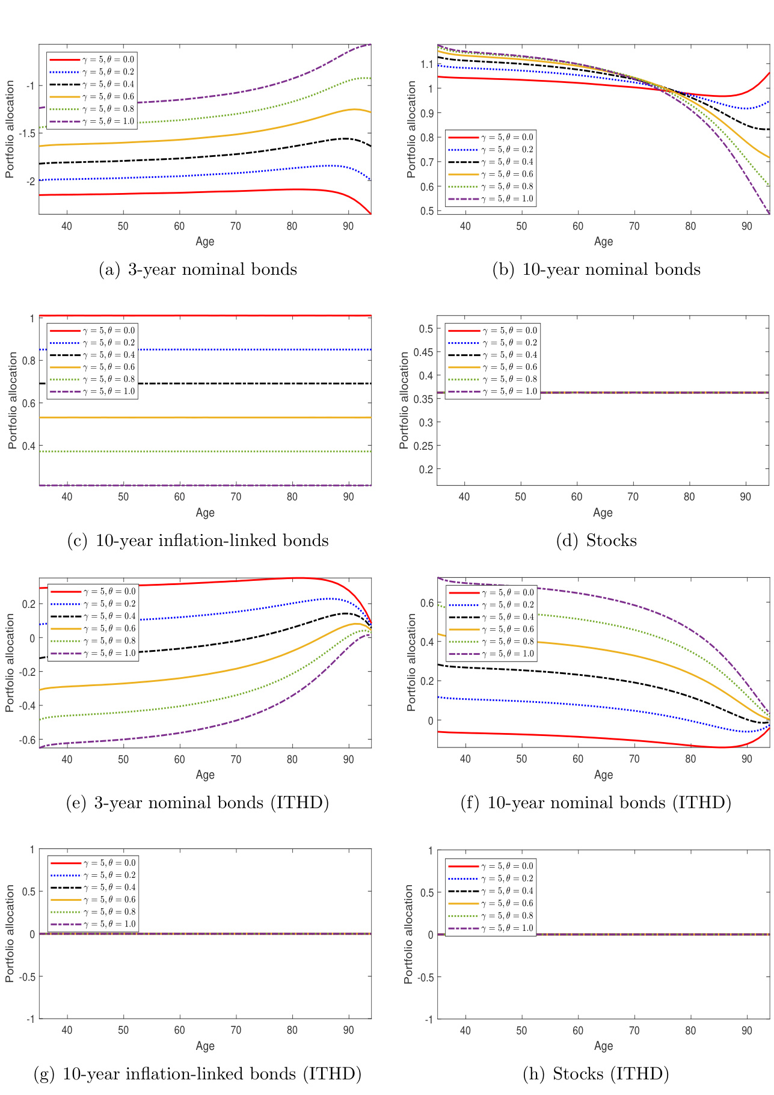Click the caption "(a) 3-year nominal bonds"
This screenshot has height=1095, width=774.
[x=197, y=269]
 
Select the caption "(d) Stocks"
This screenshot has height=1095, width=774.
[x=596, y=541]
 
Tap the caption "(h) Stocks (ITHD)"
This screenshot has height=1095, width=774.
[x=595, y=1074]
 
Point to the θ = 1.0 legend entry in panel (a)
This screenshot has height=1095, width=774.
[x=91, y=121]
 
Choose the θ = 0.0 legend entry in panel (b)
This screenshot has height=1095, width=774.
[x=490, y=137]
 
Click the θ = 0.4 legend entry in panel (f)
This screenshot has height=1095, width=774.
[x=491, y=617]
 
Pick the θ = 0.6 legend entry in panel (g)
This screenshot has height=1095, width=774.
[x=93, y=900]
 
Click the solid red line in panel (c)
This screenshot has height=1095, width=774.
[x=241, y=315]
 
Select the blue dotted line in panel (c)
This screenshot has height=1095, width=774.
[x=241, y=349]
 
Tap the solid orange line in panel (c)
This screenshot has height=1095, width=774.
[x=241, y=417]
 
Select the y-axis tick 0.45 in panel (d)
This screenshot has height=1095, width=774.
[x=425, y=352]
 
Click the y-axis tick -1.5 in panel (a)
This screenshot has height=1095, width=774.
[x=27, y=133]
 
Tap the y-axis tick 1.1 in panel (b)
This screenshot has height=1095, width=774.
[x=426, y=64]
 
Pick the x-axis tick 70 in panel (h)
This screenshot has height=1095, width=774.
[x=634, y=1031]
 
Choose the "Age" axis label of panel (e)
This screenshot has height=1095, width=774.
[x=205, y=774]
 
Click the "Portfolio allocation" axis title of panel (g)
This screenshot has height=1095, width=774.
[x=10, y=933]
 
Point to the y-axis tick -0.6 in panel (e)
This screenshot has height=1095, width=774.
[x=27, y=740]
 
